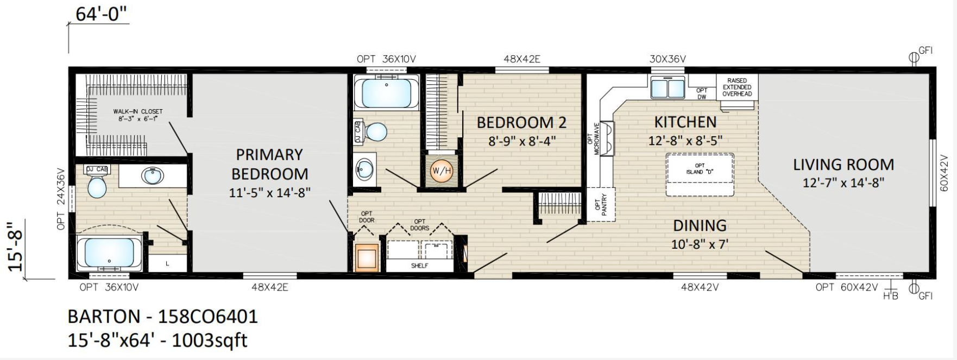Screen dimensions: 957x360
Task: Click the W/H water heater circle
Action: click(440, 171)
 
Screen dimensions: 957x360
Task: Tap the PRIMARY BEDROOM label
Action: click(269, 164)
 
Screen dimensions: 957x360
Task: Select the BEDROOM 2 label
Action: click(521, 123)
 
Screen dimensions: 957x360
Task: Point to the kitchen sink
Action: click(668, 87)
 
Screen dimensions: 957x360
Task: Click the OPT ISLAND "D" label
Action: click(699, 168)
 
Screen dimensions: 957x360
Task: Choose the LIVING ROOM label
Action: click(843, 165)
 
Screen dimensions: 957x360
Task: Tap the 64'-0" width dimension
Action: click(101, 14)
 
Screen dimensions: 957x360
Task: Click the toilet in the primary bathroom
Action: click(97, 183)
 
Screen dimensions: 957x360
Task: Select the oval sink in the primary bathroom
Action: click(153, 176)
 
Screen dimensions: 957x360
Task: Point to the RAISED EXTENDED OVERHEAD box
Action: click(737, 87)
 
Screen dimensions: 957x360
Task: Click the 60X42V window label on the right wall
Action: click(944, 172)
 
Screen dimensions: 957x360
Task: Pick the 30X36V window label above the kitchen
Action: click(668, 59)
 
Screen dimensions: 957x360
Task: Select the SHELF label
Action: click(419, 266)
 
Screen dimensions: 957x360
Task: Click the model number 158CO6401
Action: click(207, 316)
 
